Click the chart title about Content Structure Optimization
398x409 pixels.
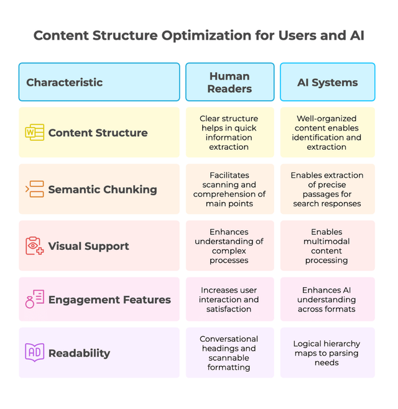point(198,35)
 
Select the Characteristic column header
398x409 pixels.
point(65,82)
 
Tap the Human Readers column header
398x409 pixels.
point(229,82)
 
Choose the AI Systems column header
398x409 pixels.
point(327,82)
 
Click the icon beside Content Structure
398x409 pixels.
point(34,132)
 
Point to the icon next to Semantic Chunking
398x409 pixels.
point(34,189)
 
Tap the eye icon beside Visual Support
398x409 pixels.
point(34,246)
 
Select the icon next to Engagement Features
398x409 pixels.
point(34,300)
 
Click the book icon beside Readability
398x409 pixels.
point(34,352)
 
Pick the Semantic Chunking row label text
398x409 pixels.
point(103,190)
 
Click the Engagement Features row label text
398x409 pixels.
point(109,300)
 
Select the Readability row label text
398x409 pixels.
point(79,353)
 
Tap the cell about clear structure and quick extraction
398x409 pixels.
point(229,132)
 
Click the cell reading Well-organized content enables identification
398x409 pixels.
point(326,132)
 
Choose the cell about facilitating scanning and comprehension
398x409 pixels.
point(229,189)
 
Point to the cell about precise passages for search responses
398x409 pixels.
point(326,189)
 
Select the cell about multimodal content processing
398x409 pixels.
point(326,246)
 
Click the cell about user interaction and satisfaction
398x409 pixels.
point(229,300)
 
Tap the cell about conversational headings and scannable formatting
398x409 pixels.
point(229,353)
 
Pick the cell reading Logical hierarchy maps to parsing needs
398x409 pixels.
point(326,353)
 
